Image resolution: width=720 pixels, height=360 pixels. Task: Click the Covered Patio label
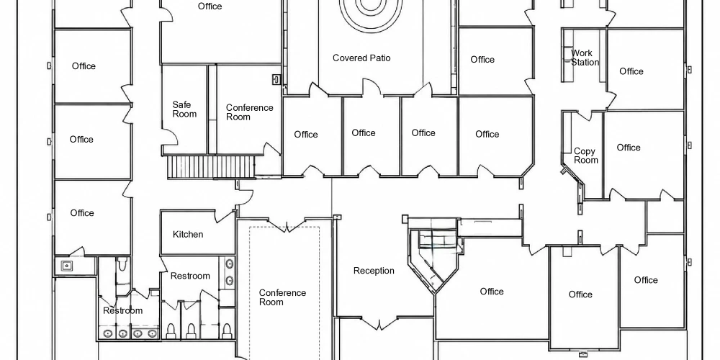click(361, 58)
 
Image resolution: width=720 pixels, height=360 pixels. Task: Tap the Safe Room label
click(184, 109)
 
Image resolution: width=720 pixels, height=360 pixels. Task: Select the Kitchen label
click(188, 234)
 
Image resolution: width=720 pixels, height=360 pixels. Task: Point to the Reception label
click(374, 271)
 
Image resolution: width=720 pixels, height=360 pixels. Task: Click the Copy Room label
click(586, 156)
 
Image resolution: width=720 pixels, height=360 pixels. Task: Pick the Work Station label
click(585, 58)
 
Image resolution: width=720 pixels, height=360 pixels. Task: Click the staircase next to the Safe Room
click(211, 167)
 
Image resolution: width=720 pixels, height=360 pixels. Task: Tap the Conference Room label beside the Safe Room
click(249, 112)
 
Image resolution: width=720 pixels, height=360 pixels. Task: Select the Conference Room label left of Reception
click(282, 297)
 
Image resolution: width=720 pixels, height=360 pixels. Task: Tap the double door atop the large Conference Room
click(287, 225)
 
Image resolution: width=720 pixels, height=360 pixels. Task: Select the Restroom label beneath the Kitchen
click(190, 276)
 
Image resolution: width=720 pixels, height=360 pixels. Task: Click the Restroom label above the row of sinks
click(122, 310)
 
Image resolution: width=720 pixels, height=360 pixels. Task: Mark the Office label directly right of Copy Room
click(628, 148)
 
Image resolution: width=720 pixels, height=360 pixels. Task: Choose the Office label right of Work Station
click(631, 71)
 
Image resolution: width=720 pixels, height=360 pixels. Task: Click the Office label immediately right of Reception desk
click(492, 292)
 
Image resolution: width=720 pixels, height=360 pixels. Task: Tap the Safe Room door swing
click(169, 139)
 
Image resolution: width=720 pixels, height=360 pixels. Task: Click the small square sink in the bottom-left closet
click(67, 266)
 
